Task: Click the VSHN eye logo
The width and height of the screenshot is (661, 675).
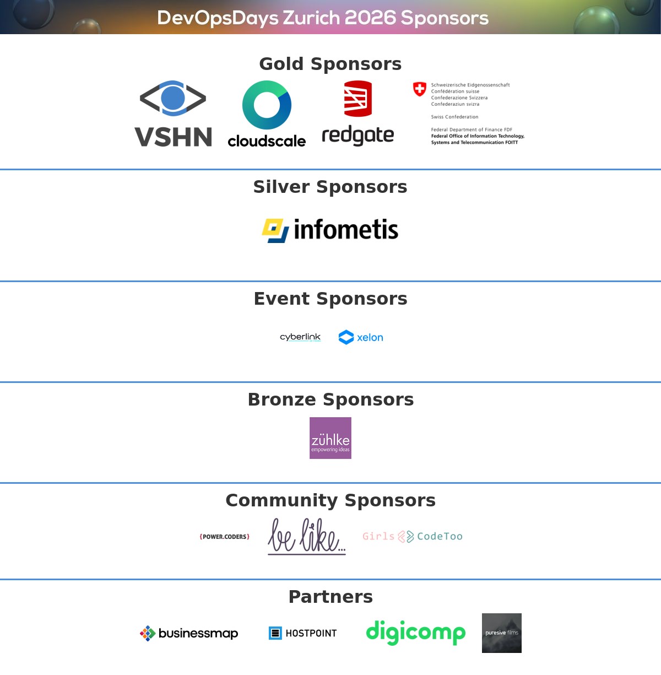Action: (173, 98)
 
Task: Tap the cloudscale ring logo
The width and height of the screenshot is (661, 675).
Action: (267, 105)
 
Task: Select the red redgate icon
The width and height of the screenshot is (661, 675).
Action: (358, 99)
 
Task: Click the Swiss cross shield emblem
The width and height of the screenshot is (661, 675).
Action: (420, 89)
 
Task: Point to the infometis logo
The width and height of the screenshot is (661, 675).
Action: (330, 230)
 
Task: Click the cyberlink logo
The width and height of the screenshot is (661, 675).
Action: (300, 337)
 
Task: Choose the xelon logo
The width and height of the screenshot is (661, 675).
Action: (361, 337)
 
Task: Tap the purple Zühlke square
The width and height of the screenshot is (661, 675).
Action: (330, 438)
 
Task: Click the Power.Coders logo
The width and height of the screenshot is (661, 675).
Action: (225, 537)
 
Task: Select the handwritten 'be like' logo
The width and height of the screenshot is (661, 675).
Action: (306, 536)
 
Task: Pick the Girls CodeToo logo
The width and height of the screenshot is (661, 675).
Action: (412, 536)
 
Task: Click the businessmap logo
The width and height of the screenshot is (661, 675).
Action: (189, 634)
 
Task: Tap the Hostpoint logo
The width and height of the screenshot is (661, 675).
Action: (302, 633)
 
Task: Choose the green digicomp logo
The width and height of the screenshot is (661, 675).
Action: (416, 633)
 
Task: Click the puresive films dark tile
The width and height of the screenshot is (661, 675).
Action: (502, 633)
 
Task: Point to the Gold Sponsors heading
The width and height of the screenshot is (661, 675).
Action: (330, 64)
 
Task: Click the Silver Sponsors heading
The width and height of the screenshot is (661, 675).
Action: (330, 187)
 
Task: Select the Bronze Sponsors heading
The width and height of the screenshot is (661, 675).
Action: (330, 399)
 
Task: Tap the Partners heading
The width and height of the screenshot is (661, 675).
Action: (330, 597)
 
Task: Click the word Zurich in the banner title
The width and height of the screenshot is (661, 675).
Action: (312, 18)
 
